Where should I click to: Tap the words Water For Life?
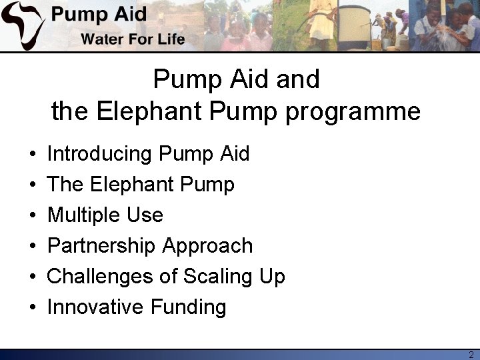click(x=133, y=39)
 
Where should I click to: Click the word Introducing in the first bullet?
click(x=100, y=154)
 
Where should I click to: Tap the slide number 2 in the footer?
click(x=471, y=354)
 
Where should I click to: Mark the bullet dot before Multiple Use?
click(x=33, y=216)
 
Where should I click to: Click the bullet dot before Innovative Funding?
click(x=33, y=308)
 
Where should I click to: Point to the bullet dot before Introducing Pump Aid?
click(x=33, y=155)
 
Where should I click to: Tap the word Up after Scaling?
click(x=273, y=277)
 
